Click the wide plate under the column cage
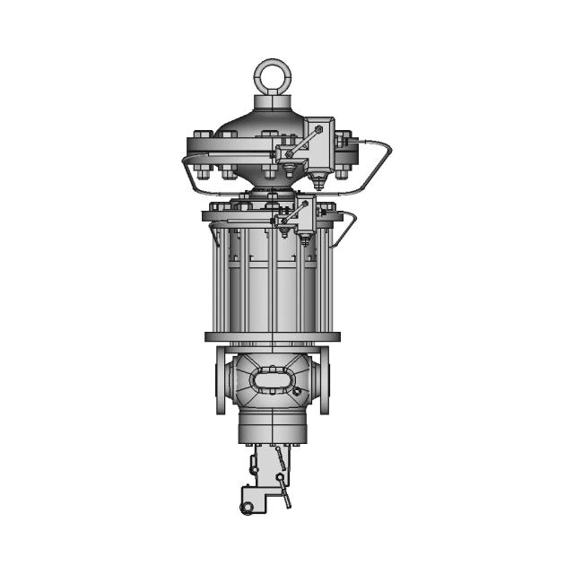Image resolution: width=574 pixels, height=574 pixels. click(x=273, y=337)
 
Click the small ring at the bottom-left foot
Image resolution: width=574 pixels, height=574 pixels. click(x=246, y=510)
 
